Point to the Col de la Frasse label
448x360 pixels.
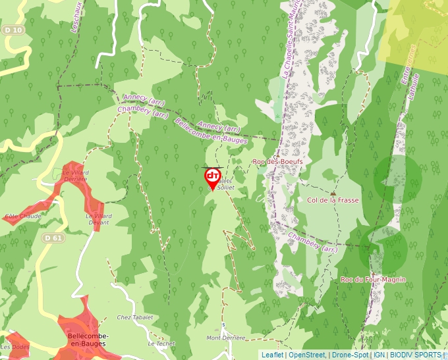[x=333, y=199]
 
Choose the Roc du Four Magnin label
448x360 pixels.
[x=373, y=280]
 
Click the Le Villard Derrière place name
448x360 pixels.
[x=75, y=176]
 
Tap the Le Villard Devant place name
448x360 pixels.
[x=98, y=219]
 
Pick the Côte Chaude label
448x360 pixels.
[x=22, y=216]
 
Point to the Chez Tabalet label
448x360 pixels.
[x=134, y=317]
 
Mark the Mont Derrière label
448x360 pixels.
[x=225, y=338]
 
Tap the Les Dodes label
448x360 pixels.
[x=15, y=347]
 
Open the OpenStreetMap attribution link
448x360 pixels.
[x=307, y=355]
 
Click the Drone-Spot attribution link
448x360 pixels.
[x=350, y=355]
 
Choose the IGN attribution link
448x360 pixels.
[x=379, y=355]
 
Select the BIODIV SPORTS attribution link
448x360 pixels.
[x=416, y=355]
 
